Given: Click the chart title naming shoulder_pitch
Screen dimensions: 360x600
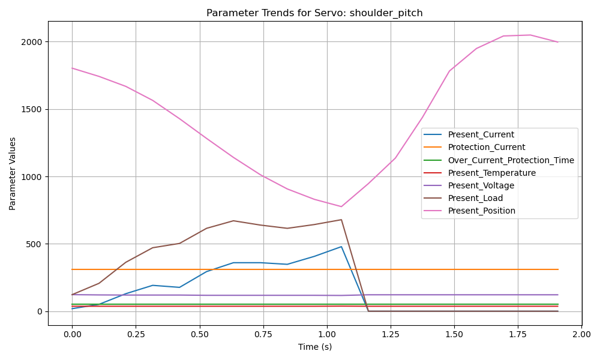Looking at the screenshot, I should pos(314,13).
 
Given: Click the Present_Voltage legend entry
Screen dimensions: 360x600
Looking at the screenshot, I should pos(481,185).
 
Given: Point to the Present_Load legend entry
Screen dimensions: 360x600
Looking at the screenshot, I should pos(475,198).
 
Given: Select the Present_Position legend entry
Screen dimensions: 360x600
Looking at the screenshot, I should pos(481,211).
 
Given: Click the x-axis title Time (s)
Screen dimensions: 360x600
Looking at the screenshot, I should pos(314,347).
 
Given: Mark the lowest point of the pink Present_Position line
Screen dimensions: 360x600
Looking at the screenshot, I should pos(341,206).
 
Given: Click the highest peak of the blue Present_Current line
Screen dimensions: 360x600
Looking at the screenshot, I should pos(341,247).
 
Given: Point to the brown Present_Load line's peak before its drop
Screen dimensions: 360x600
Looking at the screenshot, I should pos(341,220).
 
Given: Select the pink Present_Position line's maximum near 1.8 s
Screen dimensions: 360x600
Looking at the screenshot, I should pos(530,35).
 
